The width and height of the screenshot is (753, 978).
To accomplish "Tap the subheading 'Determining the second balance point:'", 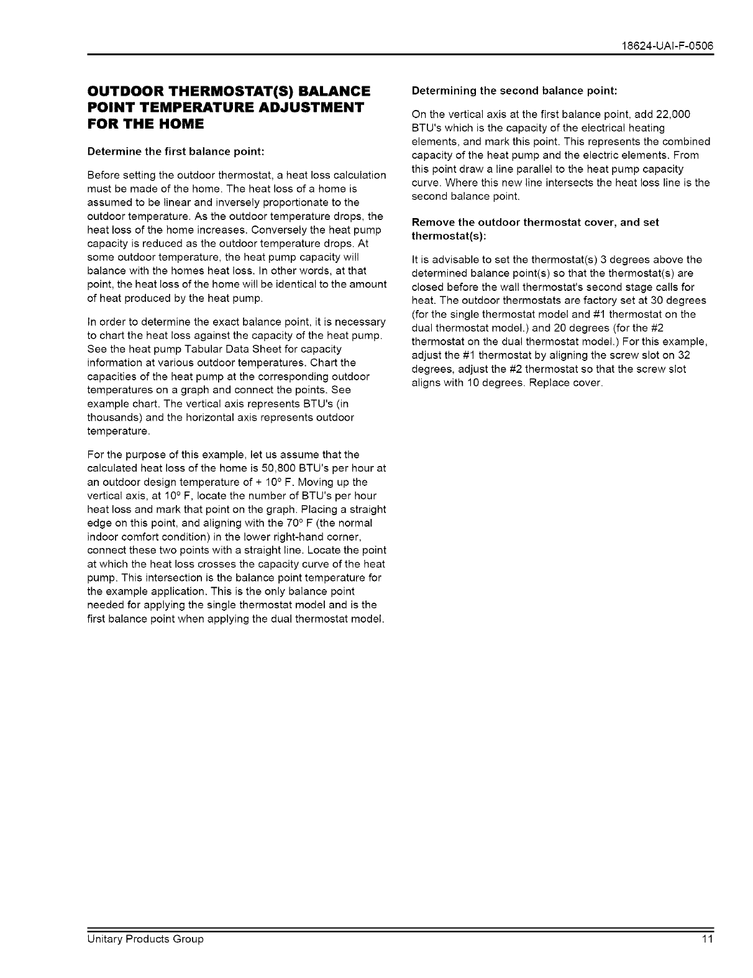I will coord(514,91).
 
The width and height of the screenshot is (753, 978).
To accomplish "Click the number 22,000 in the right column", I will coord(670,114).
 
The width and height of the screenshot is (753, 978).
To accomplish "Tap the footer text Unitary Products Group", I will coord(145,939).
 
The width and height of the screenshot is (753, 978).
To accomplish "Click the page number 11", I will coord(708,939).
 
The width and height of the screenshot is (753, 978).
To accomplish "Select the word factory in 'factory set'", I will coord(595,301).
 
